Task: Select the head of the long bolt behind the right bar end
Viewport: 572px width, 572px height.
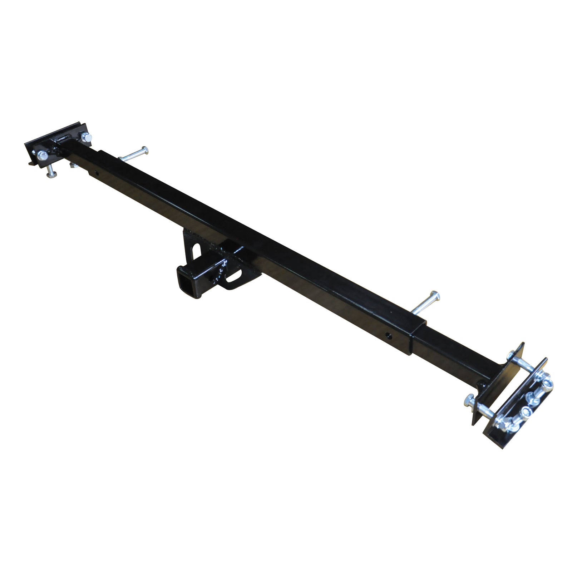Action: point(435,296)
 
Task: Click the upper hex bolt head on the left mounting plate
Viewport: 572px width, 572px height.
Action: point(85,137)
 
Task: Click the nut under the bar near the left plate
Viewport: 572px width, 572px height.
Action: point(73,165)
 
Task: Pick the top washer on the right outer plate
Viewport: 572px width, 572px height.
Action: point(547,384)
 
